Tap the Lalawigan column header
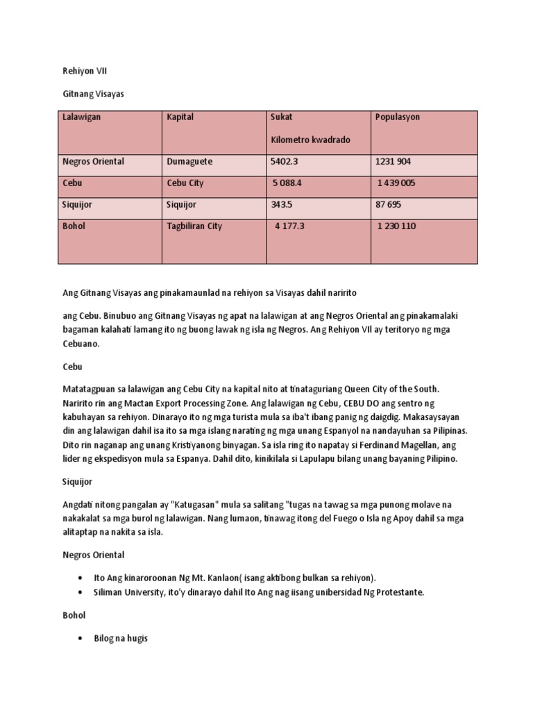coord(82,117)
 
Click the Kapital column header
coord(180,117)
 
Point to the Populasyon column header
coord(398,117)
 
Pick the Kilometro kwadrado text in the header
coord(310,140)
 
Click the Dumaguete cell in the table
coord(189,162)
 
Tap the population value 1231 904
coord(394,162)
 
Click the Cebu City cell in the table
coord(185,183)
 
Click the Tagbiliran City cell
coord(194,226)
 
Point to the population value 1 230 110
coord(398,226)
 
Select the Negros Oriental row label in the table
coord(94,162)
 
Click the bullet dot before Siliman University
coord(82,592)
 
